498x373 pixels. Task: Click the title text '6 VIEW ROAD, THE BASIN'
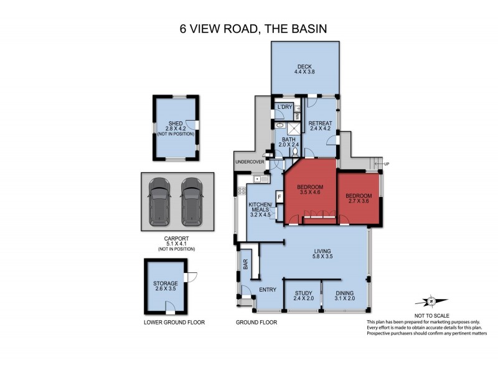click(249, 29)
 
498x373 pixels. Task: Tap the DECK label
click(304, 67)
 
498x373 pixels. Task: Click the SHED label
click(174, 123)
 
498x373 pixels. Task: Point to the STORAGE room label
click(166, 283)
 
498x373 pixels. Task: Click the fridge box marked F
click(280, 198)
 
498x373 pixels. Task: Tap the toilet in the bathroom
click(295, 151)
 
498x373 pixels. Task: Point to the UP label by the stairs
click(386, 163)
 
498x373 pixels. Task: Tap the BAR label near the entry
click(245, 264)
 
